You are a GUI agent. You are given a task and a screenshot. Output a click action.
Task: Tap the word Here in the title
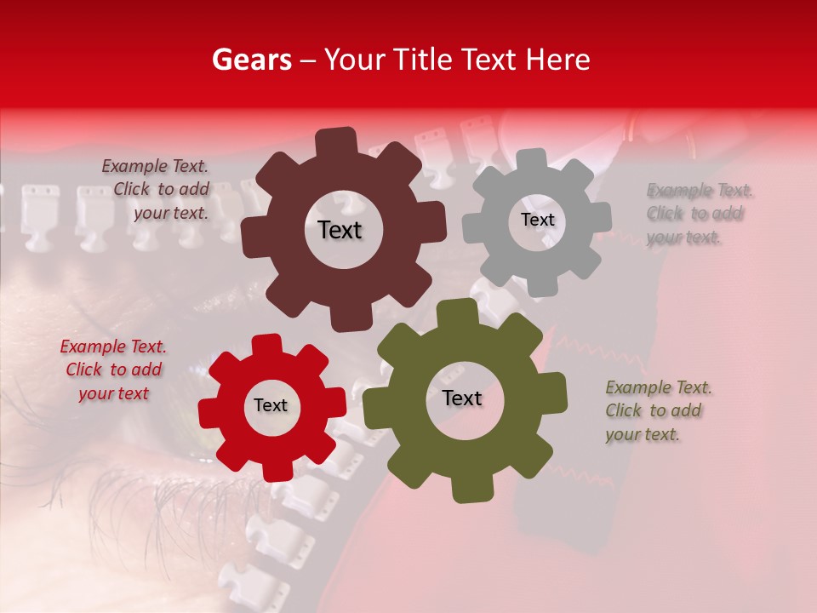[558, 60]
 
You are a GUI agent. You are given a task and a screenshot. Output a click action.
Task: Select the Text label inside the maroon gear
[340, 230]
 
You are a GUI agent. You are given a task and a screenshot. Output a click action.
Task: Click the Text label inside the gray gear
[537, 220]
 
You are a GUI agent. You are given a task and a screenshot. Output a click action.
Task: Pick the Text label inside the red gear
[271, 406]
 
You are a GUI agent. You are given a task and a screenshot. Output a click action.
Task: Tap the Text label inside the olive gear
[462, 398]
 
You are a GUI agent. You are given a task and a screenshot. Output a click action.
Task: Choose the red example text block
[113, 370]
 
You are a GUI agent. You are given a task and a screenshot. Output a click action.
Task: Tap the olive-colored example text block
[657, 410]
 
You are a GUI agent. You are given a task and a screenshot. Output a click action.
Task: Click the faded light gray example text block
[699, 214]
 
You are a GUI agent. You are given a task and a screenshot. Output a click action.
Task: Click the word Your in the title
[351, 60]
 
